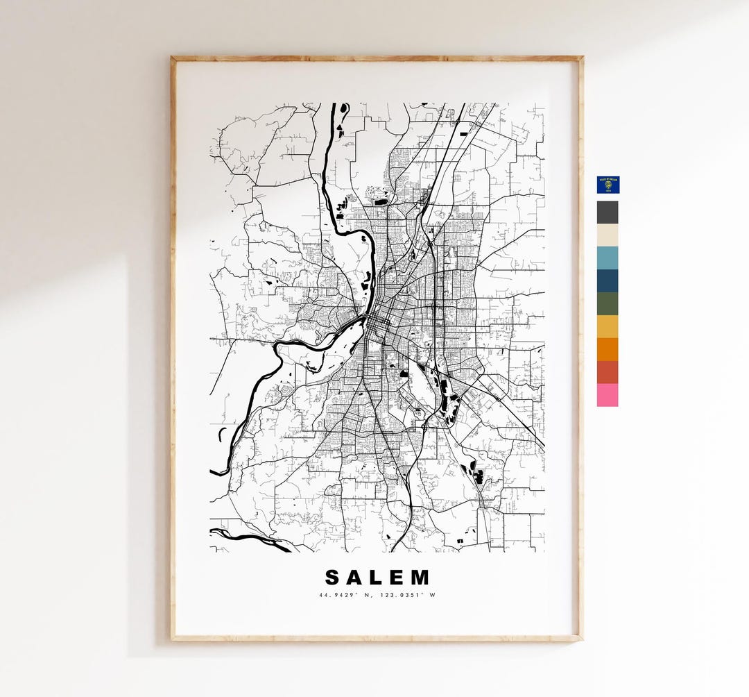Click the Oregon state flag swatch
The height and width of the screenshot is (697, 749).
pyautogui.click(x=608, y=185)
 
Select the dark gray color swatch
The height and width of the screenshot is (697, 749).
pyautogui.click(x=608, y=212)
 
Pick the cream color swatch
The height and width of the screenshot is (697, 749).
pyautogui.click(x=608, y=235)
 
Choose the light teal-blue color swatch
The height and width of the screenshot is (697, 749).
pyautogui.click(x=608, y=258)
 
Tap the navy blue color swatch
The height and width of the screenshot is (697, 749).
pyautogui.click(x=608, y=281)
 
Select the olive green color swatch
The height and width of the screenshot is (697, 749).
pyautogui.click(x=608, y=304)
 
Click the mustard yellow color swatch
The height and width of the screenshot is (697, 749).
pyautogui.click(x=608, y=326)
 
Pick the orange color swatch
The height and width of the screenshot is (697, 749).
pyautogui.click(x=608, y=349)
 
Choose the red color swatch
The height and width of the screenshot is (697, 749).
pyautogui.click(x=608, y=372)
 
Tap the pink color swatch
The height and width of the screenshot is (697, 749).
pyautogui.click(x=608, y=395)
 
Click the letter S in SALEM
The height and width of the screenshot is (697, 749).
pyautogui.click(x=333, y=578)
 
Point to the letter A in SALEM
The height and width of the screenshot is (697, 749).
pyautogui.click(x=355, y=578)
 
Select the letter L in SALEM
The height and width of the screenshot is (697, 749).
pyautogui.click(x=377, y=578)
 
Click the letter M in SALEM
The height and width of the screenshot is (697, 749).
pyautogui.click(x=420, y=578)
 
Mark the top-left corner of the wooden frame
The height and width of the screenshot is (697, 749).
pyautogui.click(x=173, y=58)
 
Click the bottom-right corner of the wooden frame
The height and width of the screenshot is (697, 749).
pyautogui.click(x=580, y=638)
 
